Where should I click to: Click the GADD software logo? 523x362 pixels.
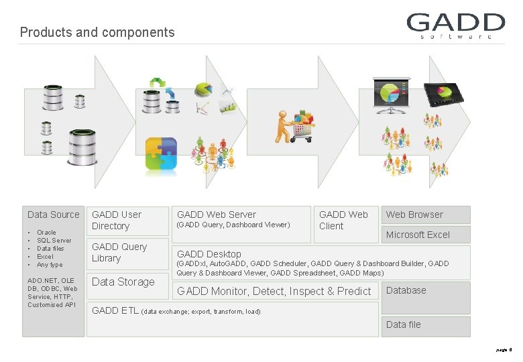tap(455, 26)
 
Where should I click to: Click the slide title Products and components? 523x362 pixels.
tap(97, 32)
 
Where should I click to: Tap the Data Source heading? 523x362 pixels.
tap(53, 215)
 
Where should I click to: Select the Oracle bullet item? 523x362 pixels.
tap(46, 232)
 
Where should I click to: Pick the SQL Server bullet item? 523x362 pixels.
tap(54, 240)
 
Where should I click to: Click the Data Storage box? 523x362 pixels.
tap(123, 282)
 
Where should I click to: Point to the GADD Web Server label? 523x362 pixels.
tap(217, 215)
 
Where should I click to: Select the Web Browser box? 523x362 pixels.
tap(425, 215)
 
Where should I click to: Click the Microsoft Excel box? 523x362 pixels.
tap(425, 235)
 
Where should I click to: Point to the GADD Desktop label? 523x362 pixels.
tap(209, 254)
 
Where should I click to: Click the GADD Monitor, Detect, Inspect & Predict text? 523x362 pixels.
tap(274, 291)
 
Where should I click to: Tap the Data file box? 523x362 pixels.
tap(425, 325)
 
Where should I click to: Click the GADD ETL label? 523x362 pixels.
tap(115, 310)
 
